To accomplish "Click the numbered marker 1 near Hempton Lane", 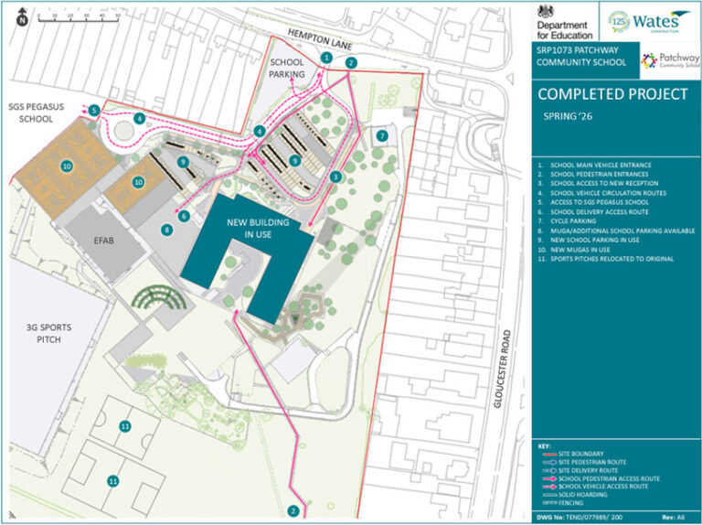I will pos(326,58).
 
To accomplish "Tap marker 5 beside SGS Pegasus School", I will pos(94,110).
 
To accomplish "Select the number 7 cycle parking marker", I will pos(381,135).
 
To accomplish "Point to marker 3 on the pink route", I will pos(336,177).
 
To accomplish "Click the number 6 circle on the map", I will pos(184,216).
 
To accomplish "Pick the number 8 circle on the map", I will pos(167,230).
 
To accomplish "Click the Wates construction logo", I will pos(651,19).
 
